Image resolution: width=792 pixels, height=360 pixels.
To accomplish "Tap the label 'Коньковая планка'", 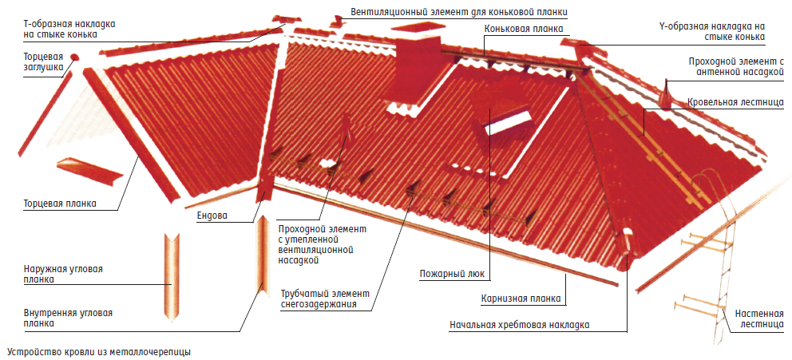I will click(x=523, y=30).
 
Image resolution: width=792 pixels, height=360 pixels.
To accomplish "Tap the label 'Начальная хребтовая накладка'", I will click(x=520, y=326).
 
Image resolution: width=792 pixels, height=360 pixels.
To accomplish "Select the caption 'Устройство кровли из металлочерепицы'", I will click(x=99, y=351).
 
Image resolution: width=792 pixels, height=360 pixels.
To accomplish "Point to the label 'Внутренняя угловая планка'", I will click(x=68, y=318).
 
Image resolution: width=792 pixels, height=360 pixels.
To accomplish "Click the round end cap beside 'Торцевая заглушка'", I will click(x=74, y=57).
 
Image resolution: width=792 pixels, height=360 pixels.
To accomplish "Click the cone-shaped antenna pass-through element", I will click(x=667, y=96).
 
